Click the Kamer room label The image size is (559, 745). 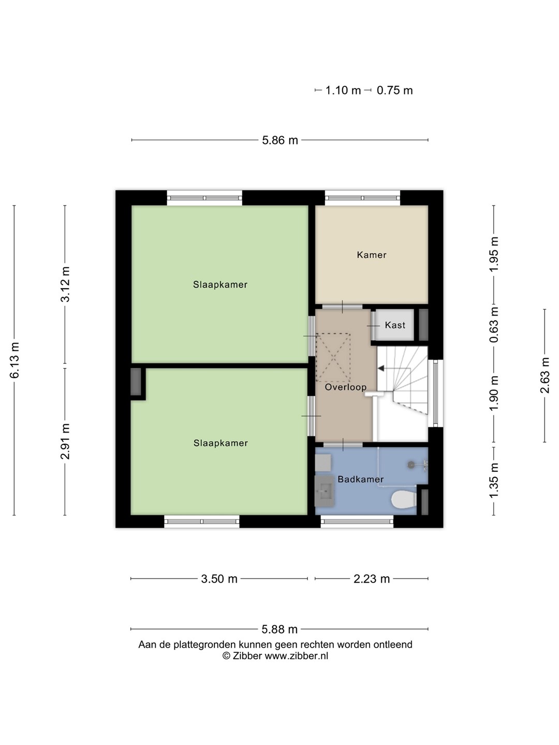coord(371,255)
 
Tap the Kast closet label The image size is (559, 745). coord(395,325)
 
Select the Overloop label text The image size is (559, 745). coord(346,388)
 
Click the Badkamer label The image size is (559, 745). coord(360,479)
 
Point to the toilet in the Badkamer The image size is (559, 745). coord(404,500)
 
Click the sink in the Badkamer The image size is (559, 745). coord(325,491)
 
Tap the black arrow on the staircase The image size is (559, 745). coord(381,368)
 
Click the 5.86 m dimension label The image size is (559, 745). coord(279,140)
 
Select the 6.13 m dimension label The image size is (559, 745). coord(14,360)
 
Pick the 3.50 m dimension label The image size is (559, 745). coord(219,579)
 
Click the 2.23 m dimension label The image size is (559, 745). coord(371,579)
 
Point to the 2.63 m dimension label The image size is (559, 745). coord(545,376)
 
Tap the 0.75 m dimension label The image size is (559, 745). coord(394,91)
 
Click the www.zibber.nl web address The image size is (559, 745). coord(296,655)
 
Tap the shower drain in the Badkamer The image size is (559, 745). coord(411,465)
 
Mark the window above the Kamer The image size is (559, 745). coord(362,198)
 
